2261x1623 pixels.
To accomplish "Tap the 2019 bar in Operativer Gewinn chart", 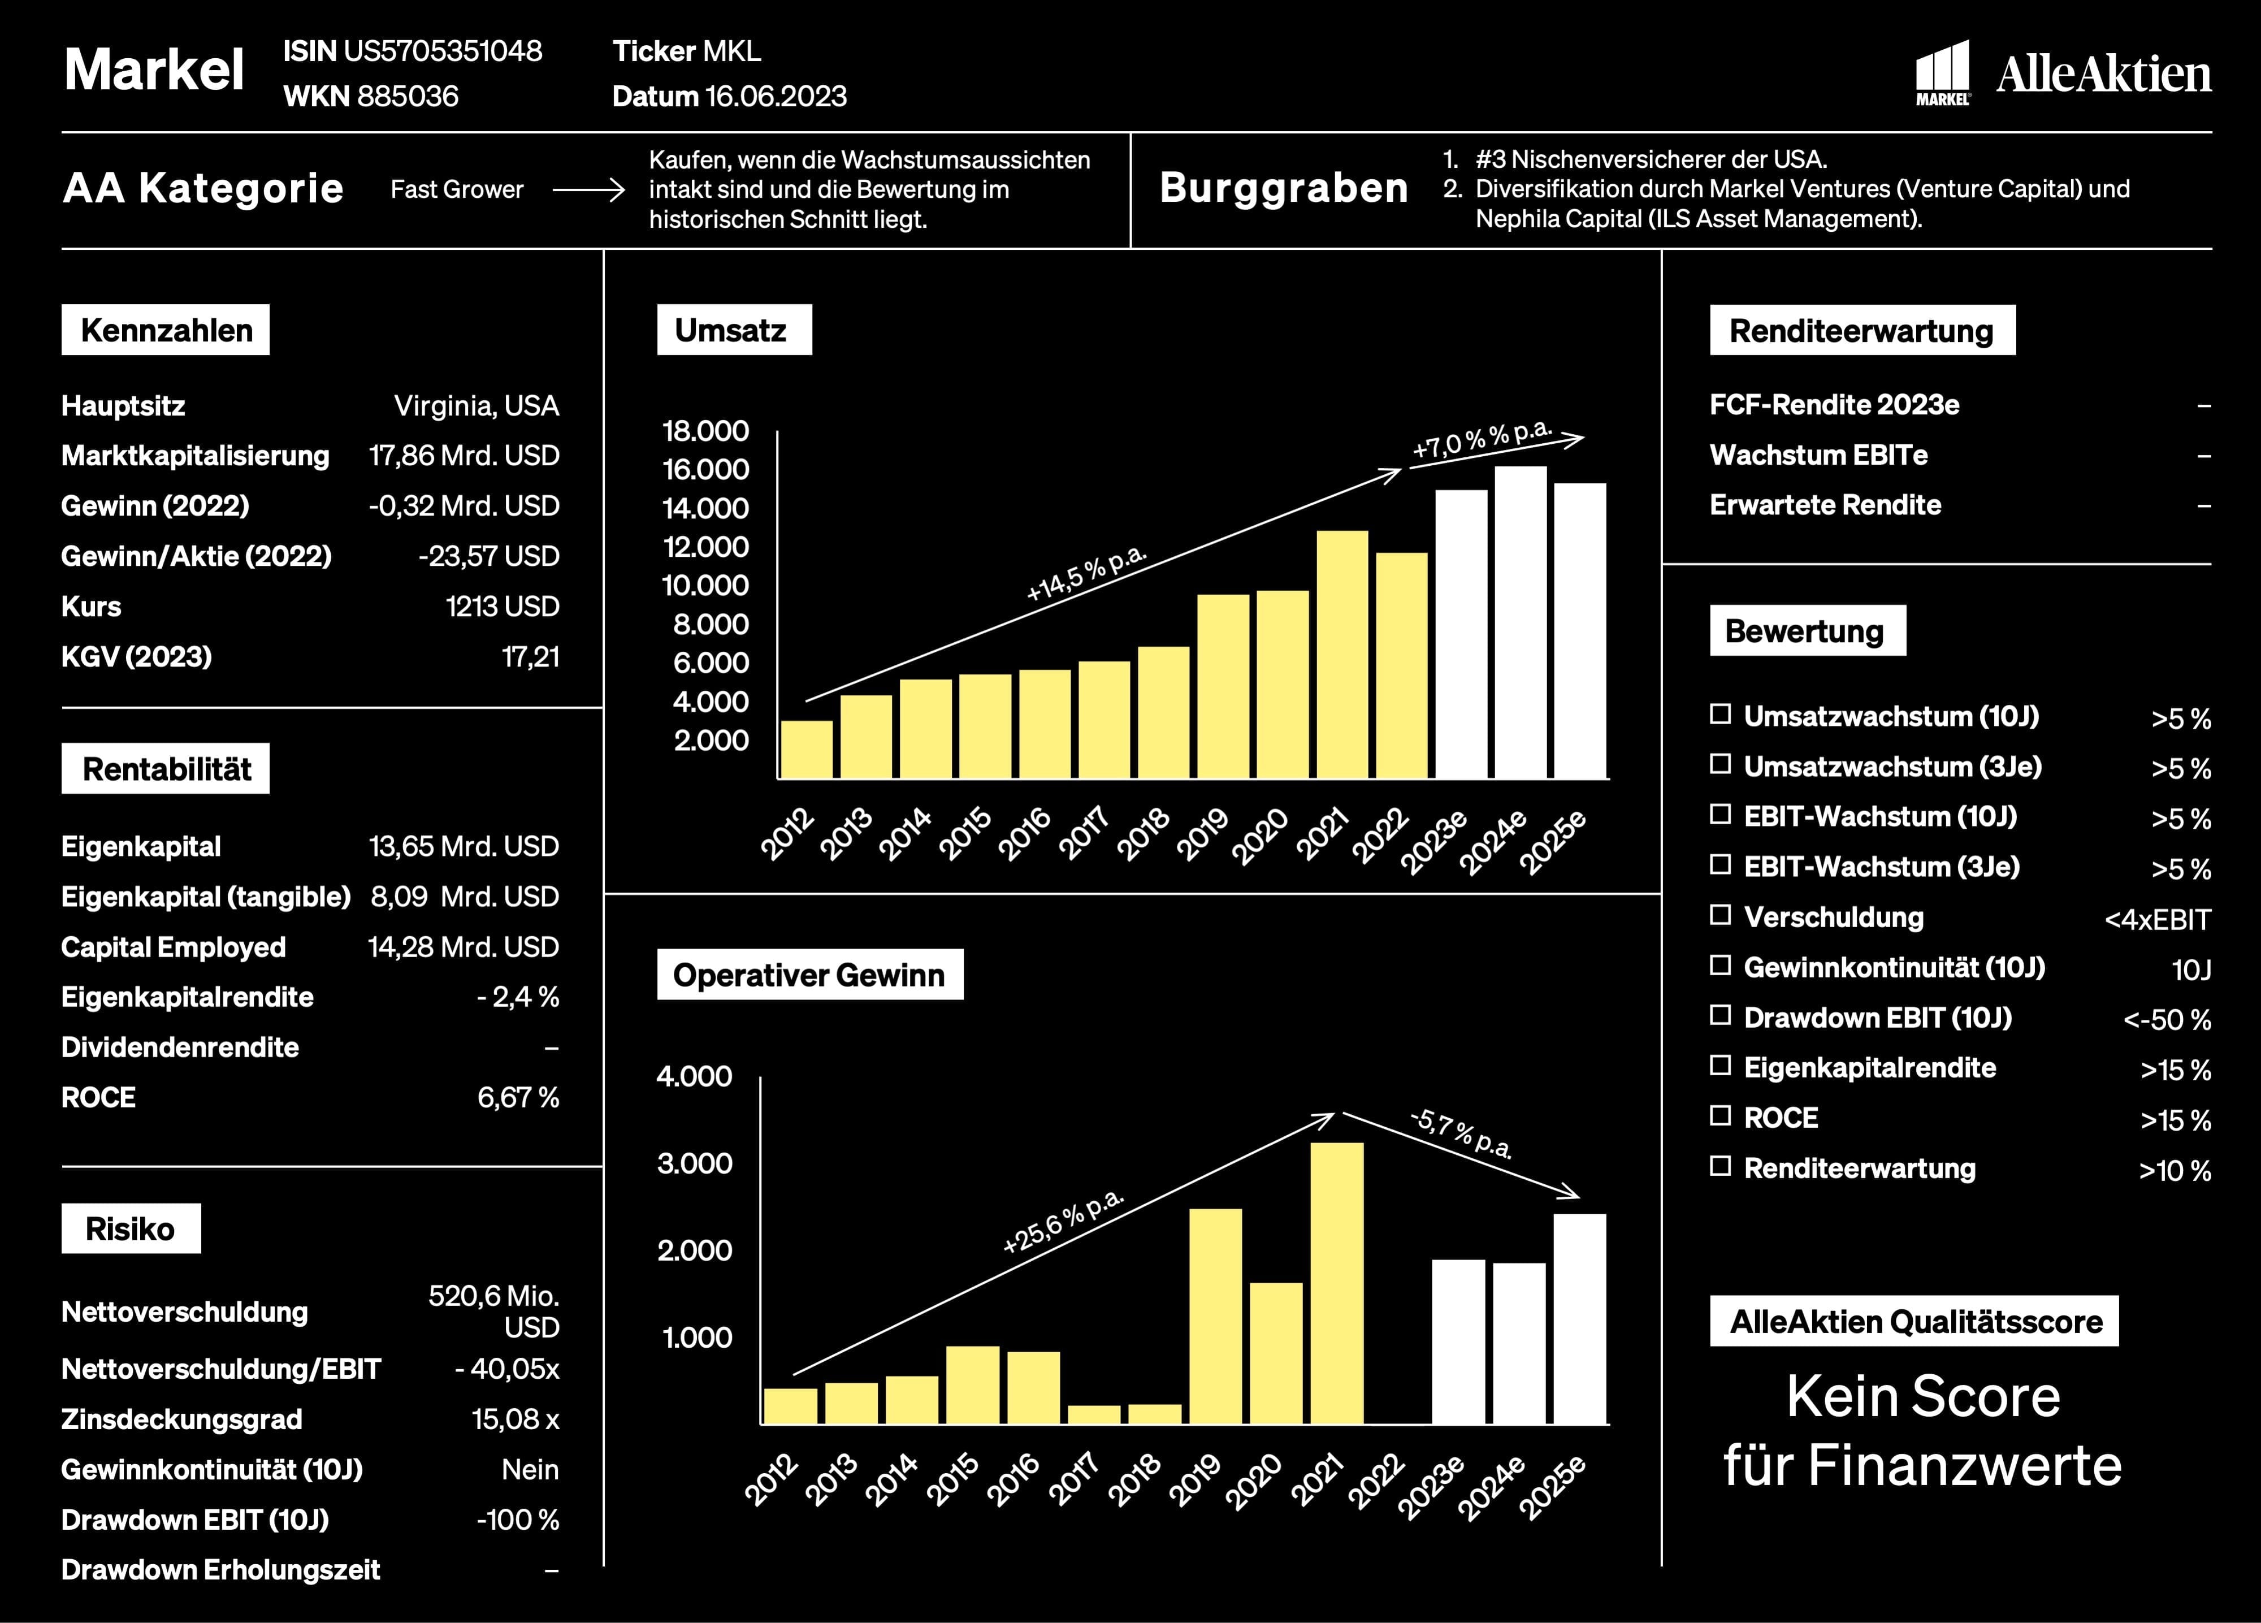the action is coord(1216,1316).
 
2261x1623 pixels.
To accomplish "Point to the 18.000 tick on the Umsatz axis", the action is coord(706,431).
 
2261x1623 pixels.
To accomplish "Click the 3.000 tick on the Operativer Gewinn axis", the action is coord(695,1163).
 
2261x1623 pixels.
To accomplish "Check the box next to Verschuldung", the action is coord(1719,915).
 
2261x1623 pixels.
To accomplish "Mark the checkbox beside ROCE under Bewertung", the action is coord(1719,1115).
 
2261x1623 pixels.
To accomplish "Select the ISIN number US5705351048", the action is coord(443,51).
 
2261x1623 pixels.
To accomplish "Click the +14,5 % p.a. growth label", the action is coord(1086,573).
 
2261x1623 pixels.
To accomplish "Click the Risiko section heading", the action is coord(131,1228).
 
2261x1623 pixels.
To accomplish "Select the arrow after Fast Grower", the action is coord(588,189).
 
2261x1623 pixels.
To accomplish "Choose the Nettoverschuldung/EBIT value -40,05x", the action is coord(508,1369).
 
